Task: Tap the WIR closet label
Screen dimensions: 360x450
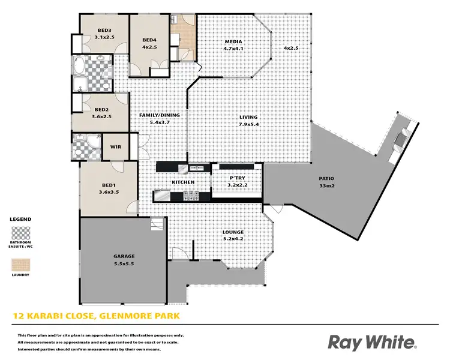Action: [116, 146]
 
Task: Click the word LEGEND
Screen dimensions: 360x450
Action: [20, 220]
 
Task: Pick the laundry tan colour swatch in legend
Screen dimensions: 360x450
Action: [20, 263]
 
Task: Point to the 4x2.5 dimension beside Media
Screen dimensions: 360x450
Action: [292, 48]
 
